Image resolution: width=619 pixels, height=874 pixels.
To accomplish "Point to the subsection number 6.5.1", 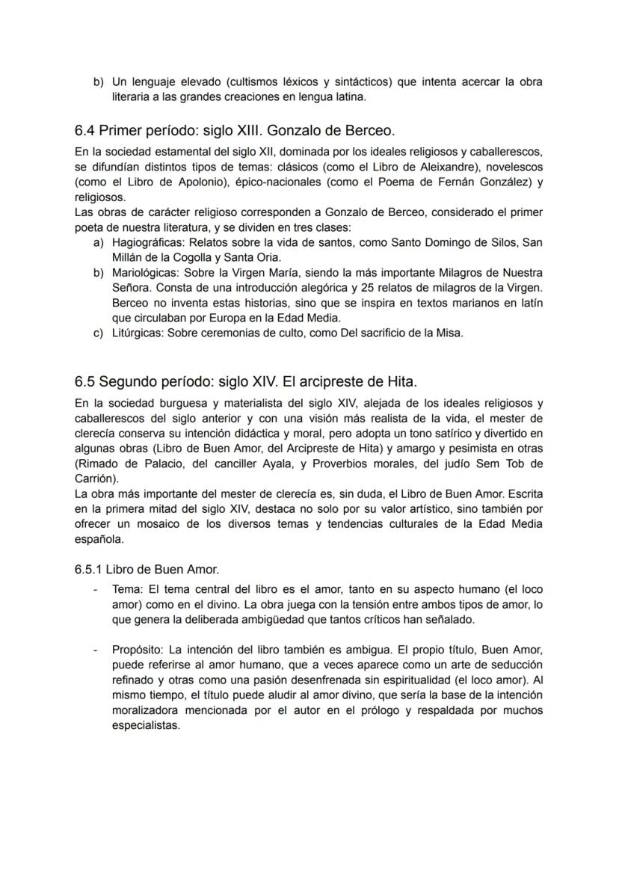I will click(88, 569).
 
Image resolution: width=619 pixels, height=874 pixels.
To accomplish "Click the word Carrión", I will click(96, 478).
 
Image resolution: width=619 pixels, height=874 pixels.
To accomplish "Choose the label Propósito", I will click(138, 649).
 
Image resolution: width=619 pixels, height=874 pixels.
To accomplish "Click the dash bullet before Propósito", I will click(95, 649).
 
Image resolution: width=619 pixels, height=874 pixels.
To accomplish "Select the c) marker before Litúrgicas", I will click(98, 333).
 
